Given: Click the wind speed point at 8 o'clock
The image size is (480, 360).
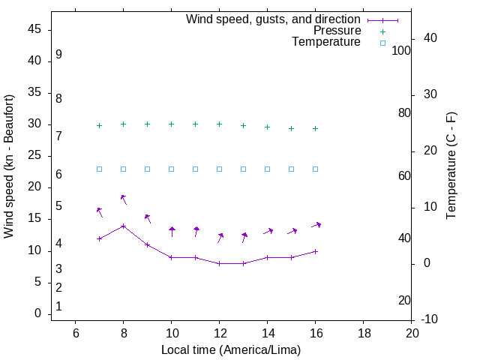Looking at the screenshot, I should (123, 226).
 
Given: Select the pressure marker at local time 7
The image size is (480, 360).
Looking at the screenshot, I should (99, 126).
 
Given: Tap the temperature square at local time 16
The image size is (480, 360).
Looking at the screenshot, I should (315, 169).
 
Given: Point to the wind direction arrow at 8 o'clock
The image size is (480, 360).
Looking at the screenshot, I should (124, 199).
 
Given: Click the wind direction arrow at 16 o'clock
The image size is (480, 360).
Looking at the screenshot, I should (316, 224).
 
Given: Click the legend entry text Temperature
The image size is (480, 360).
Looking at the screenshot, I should (326, 43).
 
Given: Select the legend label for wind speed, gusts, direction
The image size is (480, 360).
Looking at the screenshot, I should (273, 19).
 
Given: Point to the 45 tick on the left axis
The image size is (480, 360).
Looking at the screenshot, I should (34, 30).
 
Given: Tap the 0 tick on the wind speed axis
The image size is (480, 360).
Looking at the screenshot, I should (37, 313).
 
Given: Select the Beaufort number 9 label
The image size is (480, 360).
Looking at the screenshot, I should (58, 55).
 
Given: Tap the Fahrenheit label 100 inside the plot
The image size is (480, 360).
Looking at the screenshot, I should (401, 51).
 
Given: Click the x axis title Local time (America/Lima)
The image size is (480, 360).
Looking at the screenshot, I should (231, 349).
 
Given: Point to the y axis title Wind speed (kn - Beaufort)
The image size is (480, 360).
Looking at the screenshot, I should (10, 166).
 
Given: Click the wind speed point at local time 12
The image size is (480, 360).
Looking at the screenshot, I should (219, 263).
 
